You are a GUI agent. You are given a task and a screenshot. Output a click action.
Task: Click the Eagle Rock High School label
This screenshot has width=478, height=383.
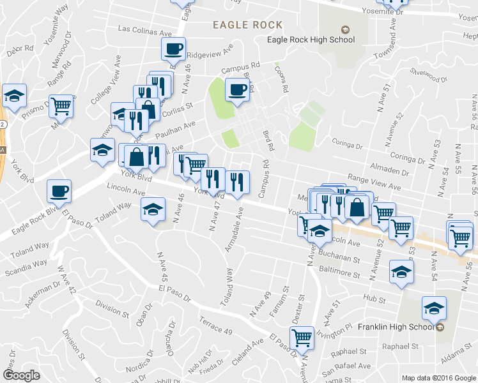[x=311, y=40]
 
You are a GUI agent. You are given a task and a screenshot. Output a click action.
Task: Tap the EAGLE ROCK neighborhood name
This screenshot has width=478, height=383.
[x=248, y=24]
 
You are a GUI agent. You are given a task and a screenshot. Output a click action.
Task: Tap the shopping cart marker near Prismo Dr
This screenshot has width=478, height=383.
[x=62, y=107]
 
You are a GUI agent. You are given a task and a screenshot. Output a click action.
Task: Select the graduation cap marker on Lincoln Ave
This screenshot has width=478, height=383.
[x=153, y=211]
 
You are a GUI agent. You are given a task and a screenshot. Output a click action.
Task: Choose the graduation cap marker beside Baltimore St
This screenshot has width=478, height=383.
[x=401, y=272]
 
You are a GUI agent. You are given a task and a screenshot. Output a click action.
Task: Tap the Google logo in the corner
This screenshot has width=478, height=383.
[x=20, y=375]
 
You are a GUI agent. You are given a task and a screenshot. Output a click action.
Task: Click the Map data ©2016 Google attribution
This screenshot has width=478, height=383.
[x=438, y=377]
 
